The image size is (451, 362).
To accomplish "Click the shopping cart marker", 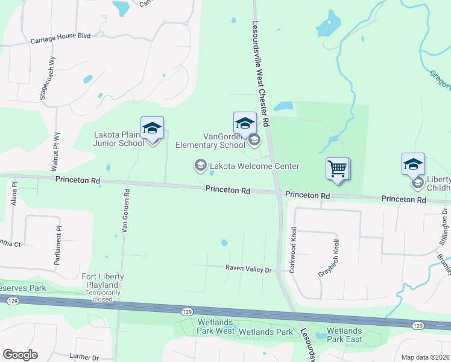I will (x=338, y=168).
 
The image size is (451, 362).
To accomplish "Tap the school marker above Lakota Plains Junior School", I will (x=152, y=128).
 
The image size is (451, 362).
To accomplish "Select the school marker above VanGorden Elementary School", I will (x=245, y=123).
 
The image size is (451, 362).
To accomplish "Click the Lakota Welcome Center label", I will (x=254, y=166).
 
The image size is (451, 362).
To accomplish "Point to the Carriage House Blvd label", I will (x=60, y=36).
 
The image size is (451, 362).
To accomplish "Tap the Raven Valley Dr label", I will (x=249, y=268).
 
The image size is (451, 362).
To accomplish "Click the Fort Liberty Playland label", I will (x=102, y=277).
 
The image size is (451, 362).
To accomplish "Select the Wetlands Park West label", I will (x=216, y=331).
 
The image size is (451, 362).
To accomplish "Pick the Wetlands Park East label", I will (x=344, y=335).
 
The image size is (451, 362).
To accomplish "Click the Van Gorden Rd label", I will (x=126, y=211).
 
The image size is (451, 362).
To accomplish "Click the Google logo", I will (x=20, y=355).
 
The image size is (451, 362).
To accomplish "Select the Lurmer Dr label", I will (x=84, y=357).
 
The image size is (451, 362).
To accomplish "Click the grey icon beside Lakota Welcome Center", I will (x=200, y=165).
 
